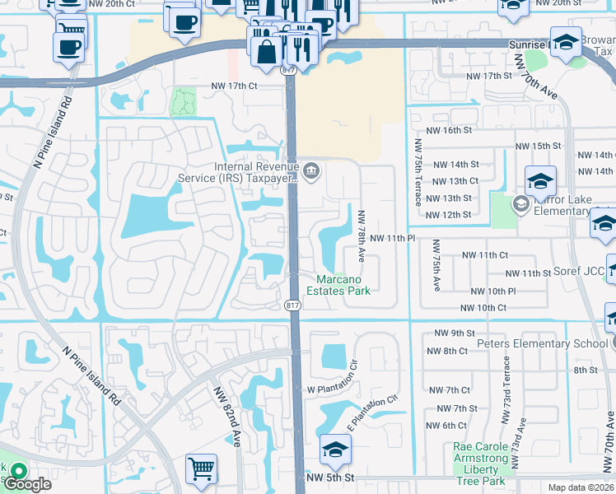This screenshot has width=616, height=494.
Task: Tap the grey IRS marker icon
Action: click(x=311, y=171)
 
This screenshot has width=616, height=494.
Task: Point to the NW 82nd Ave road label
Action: click(x=226, y=417)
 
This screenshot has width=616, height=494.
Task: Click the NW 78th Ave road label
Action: click(x=361, y=235)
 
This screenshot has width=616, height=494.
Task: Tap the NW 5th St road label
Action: click(x=329, y=478)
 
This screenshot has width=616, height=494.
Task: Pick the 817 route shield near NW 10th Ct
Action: click(x=292, y=305)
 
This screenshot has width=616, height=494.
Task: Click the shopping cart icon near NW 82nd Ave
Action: click(x=201, y=468)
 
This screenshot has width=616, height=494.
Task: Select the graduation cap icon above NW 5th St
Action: click(x=335, y=450)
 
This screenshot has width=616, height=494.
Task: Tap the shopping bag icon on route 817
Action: click(x=266, y=51)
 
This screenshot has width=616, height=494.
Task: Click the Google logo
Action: click(x=27, y=484)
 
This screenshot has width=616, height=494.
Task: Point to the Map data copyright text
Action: click(x=581, y=487)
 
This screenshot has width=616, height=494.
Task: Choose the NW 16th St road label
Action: click(x=449, y=131)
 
